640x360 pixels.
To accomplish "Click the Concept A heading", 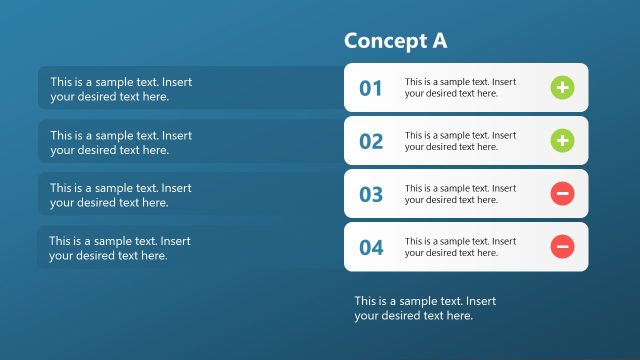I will click(395, 41).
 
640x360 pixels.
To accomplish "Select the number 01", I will click(371, 88).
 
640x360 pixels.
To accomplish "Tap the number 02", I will click(371, 141).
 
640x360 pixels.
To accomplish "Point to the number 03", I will click(371, 194).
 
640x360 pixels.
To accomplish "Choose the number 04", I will click(371, 247).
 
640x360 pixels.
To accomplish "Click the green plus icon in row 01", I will click(562, 88).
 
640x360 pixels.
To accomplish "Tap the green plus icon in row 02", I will click(562, 141).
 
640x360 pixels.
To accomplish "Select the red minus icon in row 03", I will click(562, 194).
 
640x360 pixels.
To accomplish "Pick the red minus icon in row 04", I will click(562, 246).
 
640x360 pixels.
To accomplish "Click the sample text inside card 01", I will click(460, 88).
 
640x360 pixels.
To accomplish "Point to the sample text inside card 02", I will click(460, 141).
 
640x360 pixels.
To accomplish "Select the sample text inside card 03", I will click(460, 194).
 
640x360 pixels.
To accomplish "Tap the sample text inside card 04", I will click(460, 247).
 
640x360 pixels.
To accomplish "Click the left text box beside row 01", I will click(121, 89).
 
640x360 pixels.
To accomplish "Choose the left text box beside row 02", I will click(121, 142).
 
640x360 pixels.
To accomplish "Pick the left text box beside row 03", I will click(121, 195).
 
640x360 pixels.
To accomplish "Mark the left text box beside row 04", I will click(120, 248).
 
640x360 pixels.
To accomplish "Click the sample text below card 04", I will click(425, 308).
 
